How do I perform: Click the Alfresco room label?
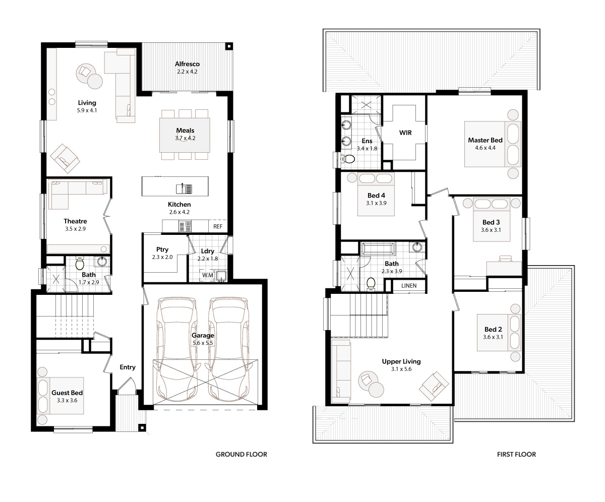[187, 64]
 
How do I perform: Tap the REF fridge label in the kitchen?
[218, 226]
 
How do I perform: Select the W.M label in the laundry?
[207, 275]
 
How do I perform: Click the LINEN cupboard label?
[409, 286]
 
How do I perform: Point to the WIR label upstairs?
[405, 133]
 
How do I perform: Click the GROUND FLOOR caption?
[241, 454]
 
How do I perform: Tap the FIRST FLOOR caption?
[516, 454]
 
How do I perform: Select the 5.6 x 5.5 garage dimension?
[203, 343]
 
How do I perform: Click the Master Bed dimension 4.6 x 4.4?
[486, 148]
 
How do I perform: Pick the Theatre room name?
[75, 221]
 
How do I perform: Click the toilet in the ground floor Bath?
[80, 263]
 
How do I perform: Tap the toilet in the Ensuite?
[348, 159]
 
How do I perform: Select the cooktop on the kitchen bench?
[185, 226]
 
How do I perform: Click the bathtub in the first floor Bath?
[378, 248]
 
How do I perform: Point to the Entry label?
[128, 367]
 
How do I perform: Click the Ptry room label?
[162, 249]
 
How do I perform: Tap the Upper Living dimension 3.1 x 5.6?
[401, 369]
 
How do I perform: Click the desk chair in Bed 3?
[506, 259]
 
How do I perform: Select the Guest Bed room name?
[67, 393]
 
